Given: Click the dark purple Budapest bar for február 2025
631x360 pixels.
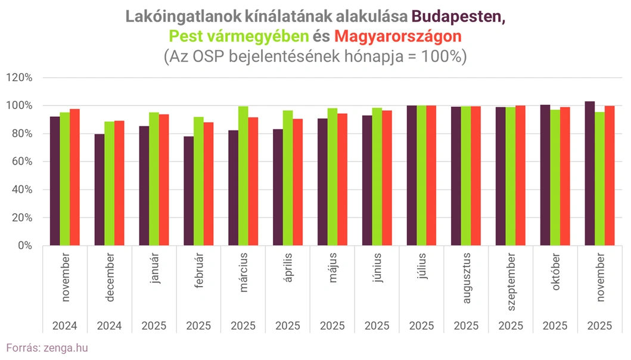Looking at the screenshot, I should coord(188,191).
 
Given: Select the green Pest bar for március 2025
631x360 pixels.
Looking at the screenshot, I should coord(243,176).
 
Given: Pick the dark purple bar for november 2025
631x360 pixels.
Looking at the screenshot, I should coord(590,173).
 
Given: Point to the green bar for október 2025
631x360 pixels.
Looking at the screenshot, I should coord(555,178).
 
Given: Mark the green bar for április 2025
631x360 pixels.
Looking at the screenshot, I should coord(288,178).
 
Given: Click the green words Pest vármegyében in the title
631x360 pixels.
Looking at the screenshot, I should coord(240,36).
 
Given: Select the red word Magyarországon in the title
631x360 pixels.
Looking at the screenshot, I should coord(398,36).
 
